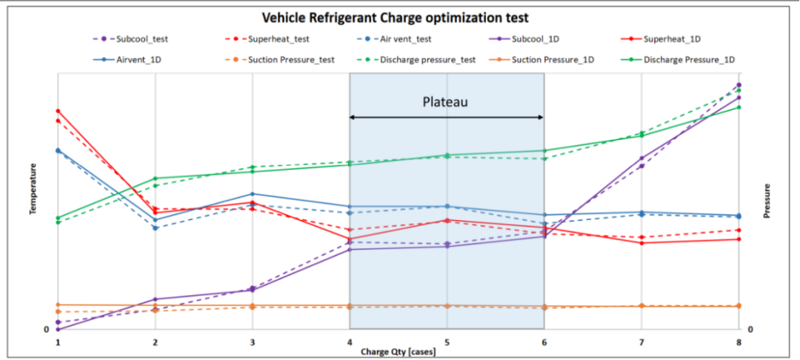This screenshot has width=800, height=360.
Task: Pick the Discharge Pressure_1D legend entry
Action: (x=689, y=59)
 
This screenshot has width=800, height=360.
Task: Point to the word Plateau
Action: (x=445, y=101)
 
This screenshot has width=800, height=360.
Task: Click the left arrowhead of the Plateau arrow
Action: (x=353, y=117)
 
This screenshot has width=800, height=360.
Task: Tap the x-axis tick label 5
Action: (x=447, y=343)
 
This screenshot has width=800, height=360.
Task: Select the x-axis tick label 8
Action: (x=739, y=343)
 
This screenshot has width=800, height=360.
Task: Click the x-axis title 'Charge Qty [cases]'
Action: (x=398, y=351)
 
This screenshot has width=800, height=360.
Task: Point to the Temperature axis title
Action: (x=33, y=190)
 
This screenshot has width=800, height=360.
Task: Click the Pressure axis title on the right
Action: (x=767, y=201)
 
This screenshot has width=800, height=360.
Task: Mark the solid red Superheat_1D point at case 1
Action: (x=58, y=111)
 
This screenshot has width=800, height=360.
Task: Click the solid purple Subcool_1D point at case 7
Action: (x=641, y=159)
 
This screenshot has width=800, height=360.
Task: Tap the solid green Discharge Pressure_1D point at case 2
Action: (x=156, y=179)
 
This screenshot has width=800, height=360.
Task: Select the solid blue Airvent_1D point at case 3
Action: (x=253, y=194)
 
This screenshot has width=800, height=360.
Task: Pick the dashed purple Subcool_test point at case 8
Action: (x=739, y=85)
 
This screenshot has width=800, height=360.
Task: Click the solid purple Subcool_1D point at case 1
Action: (x=58, y=329)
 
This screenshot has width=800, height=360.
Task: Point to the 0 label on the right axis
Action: (x=750, y=330)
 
